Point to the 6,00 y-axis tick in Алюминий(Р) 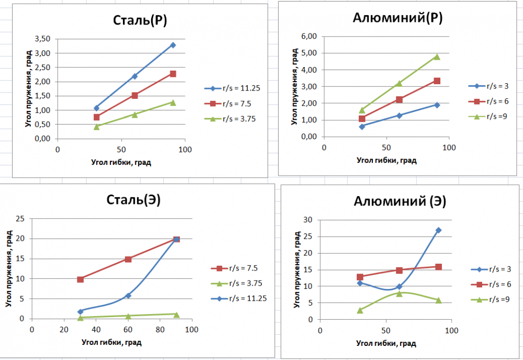(x=310, y=36)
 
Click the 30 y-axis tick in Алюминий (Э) (x=308, y=220)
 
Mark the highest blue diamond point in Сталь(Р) (x=173, y=45)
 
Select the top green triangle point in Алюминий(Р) (x=437, y=57)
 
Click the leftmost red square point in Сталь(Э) (x=80, y=279)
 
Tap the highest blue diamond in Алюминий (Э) (x=438, y=230)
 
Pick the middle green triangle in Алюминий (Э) (x=399, y=294)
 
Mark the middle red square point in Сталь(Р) (x=135, y=95)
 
